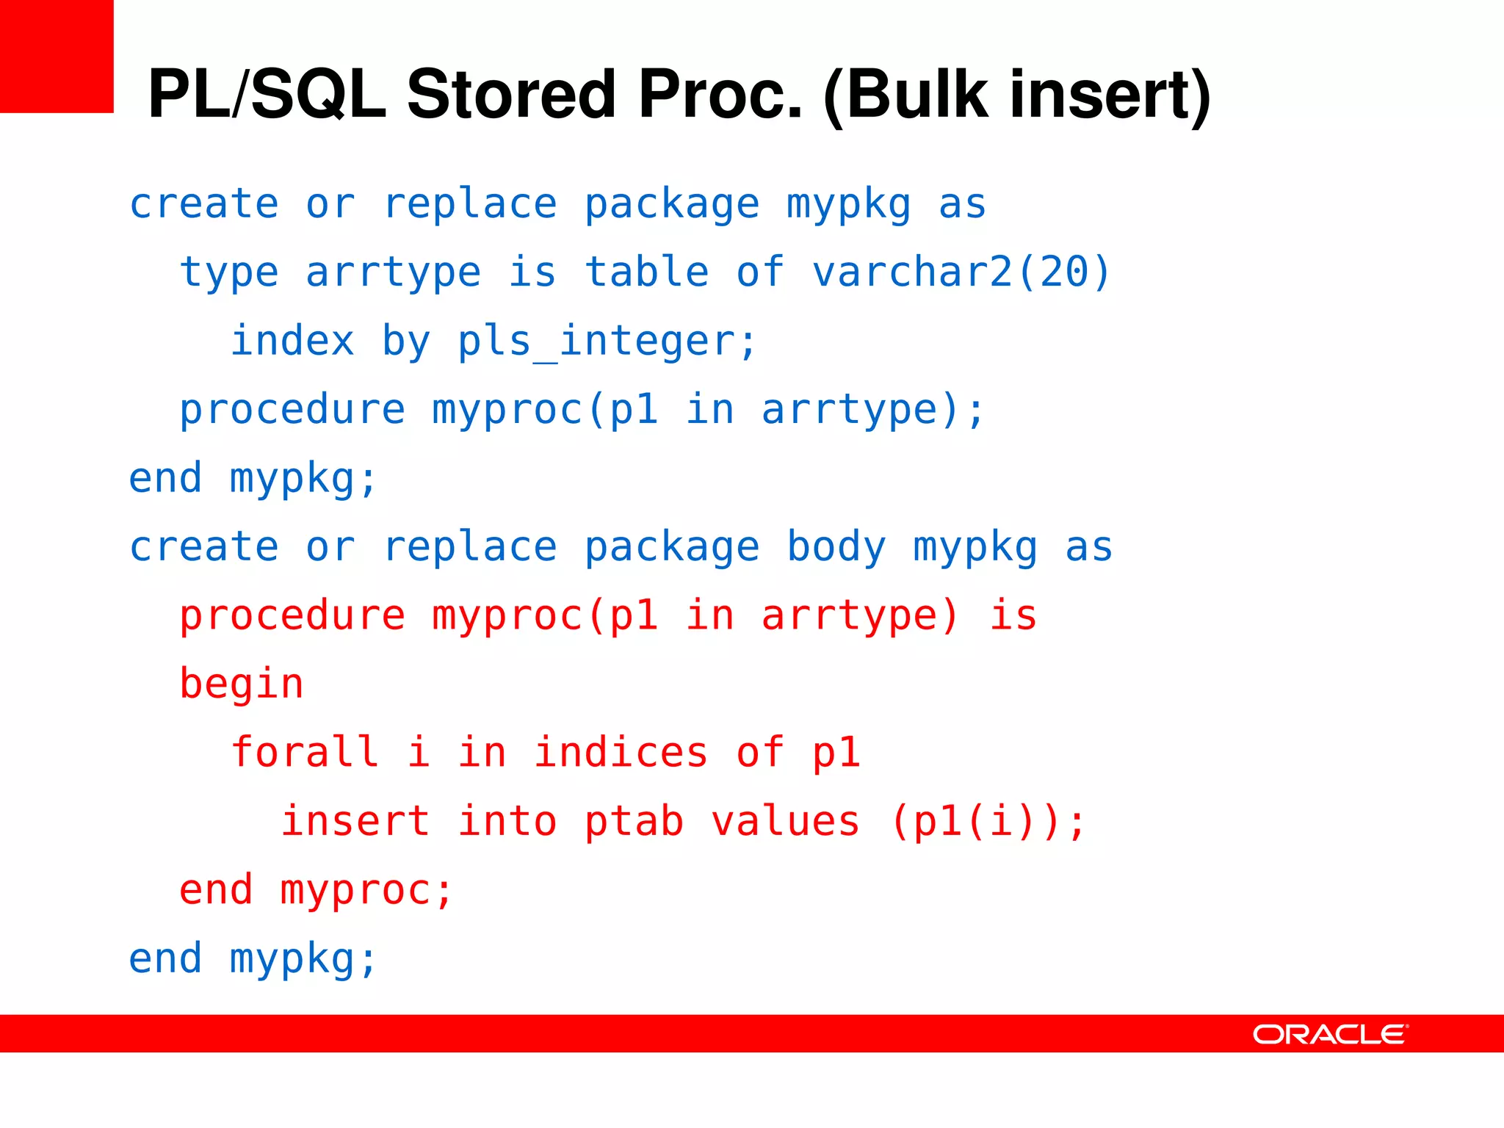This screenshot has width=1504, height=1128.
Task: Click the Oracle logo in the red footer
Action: click(x=1330, y=1034)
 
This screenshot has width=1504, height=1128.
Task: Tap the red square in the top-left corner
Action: click(x=57, y=57)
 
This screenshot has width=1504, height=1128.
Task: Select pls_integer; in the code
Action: click(x=607, y=341)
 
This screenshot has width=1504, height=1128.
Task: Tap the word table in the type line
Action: click(x=647, y=272)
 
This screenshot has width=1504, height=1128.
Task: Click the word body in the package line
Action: click(x=836, y=547)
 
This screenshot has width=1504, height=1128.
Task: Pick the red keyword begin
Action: click(x=241, y=684)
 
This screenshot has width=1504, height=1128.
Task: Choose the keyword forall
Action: click(x=305, y=753)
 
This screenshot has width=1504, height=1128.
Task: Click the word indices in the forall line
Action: click(x=621, y=753)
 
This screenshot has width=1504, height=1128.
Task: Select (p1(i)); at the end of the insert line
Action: click(x=988, y=822)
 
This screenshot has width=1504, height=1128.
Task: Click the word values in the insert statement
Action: click(x=785, y=822)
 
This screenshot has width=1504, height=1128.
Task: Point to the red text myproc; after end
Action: click(x=366, y=891)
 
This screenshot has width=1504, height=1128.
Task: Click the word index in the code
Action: click(x=292, y=341)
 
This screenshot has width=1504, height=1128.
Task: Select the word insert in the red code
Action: click(x=355, y=822)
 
